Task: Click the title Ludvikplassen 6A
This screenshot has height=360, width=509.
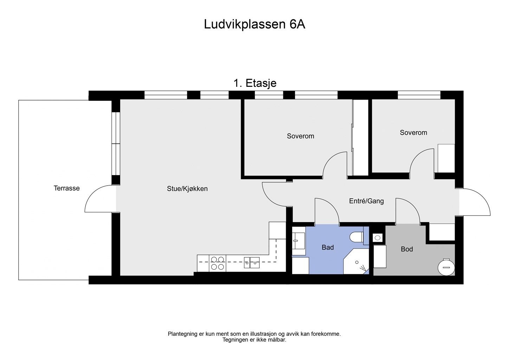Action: pyautogui.click(x=254, y=24)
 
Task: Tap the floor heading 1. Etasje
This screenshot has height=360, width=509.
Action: pyautogui.click(x=255, y=83)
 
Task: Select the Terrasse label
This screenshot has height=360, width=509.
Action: pyautogui.click(x=66, y=188)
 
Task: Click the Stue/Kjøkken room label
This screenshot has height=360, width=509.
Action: pyautogui.click(x=187, y=189)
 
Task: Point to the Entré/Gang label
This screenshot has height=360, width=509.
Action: pyautogui.click(x=366, y=201)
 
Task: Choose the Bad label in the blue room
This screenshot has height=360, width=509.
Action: pyautogui.click(x=328, y=247)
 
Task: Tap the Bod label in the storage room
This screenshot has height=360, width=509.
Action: pyautogui.click(x=407, y=249)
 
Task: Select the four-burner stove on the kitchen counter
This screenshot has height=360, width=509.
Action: pyautogui.click(x=218, y=263)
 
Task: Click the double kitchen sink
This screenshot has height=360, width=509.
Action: pyautogui.click(x=252, y=263)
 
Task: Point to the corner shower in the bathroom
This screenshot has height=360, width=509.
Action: pyautogui.click(x=356, y=261)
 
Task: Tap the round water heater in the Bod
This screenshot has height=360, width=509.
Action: pyautogui.click(x=446, y=267)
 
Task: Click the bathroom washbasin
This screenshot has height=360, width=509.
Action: pyautogui.click(x=298, y=241)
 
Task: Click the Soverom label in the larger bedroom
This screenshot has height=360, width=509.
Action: pyautogui.click(x=301, y=136)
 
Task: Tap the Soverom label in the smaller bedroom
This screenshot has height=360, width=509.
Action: pyautogui.click(x=413, y=133)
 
